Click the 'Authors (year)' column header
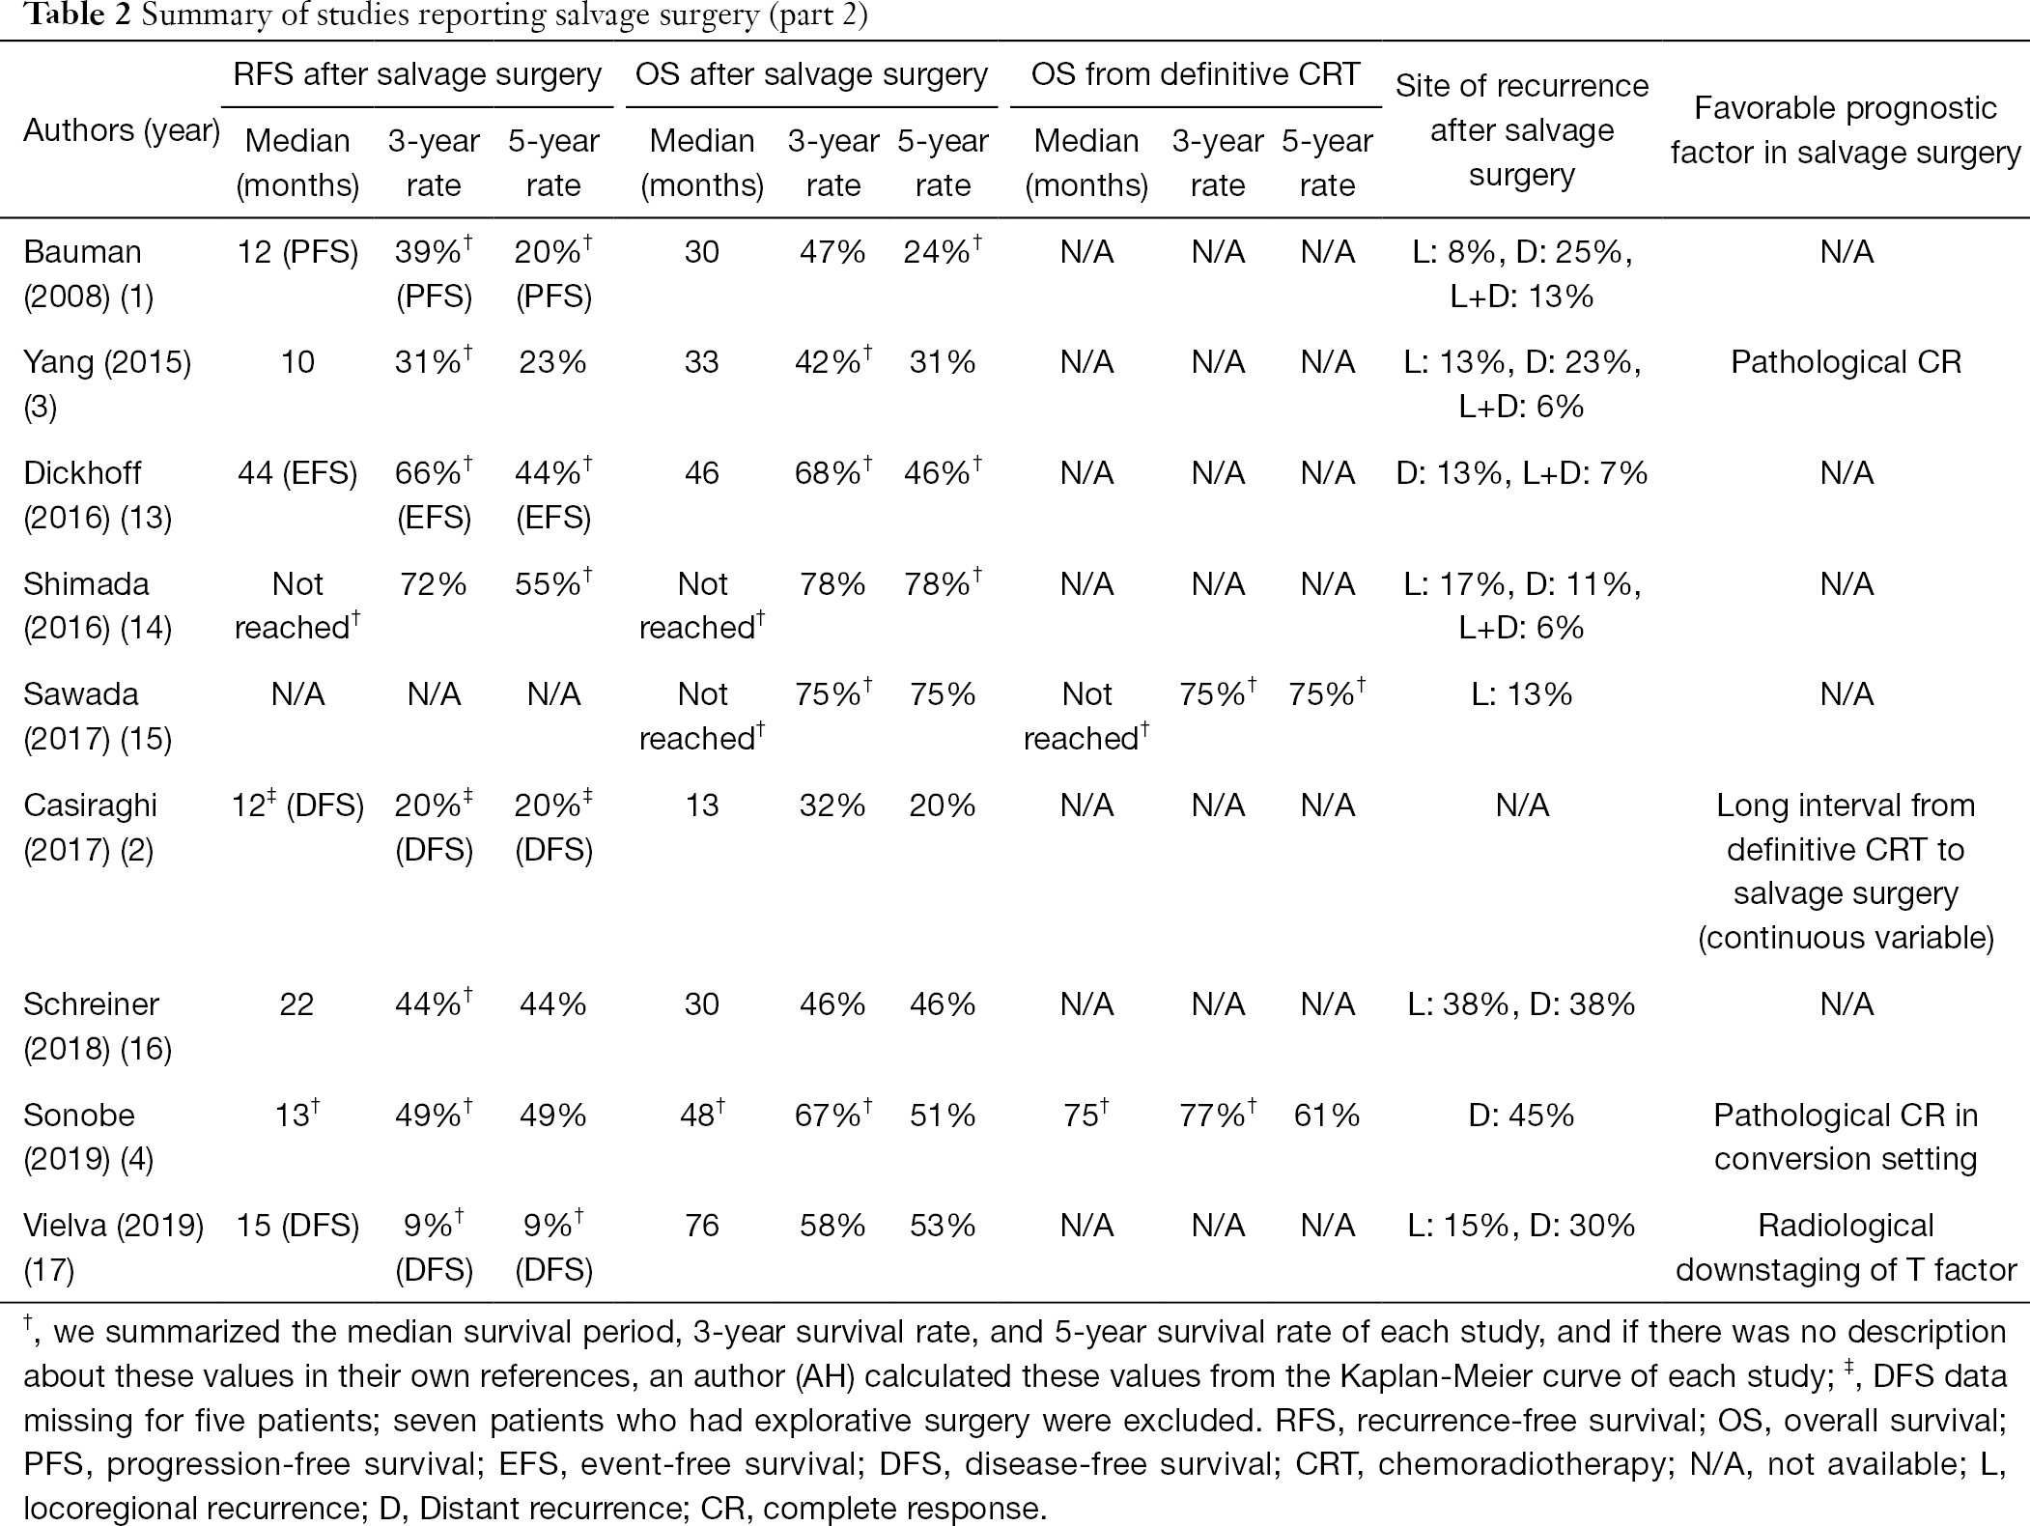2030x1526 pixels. click(122, 130)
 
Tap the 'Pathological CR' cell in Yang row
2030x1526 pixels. click(1846, 362)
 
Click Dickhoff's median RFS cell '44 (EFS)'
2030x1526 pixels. click(297, 473)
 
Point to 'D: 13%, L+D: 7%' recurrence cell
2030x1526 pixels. click(1522, 473)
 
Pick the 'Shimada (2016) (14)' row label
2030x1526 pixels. click(98, 606)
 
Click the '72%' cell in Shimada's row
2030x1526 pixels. click(434, 584)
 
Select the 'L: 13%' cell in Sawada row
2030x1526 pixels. click(1522, 694)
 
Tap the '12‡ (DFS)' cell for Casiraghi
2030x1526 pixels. click(297, 805)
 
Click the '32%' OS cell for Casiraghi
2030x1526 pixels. click(832, 805)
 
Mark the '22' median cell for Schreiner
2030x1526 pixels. click(296, 1004)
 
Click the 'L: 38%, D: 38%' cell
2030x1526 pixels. click(1522, 1004)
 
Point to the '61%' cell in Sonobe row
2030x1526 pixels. click(1327, 1116)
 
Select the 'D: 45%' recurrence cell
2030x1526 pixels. click(1522, 1116)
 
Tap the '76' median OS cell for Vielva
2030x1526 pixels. click(702, 1226)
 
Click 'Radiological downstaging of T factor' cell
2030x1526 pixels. click(1846, 1247)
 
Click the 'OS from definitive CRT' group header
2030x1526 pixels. click(1196, 74)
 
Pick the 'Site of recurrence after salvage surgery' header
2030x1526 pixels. click(1522, 130)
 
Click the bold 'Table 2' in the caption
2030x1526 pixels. click(77, 16)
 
